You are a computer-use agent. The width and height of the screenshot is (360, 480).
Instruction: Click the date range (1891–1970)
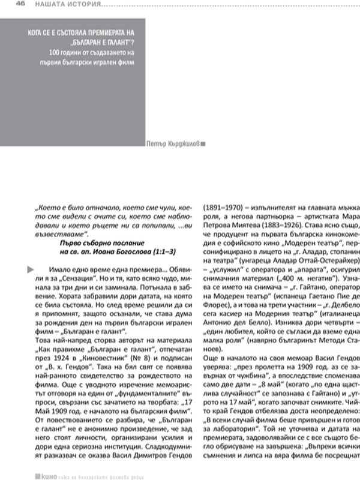226,202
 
